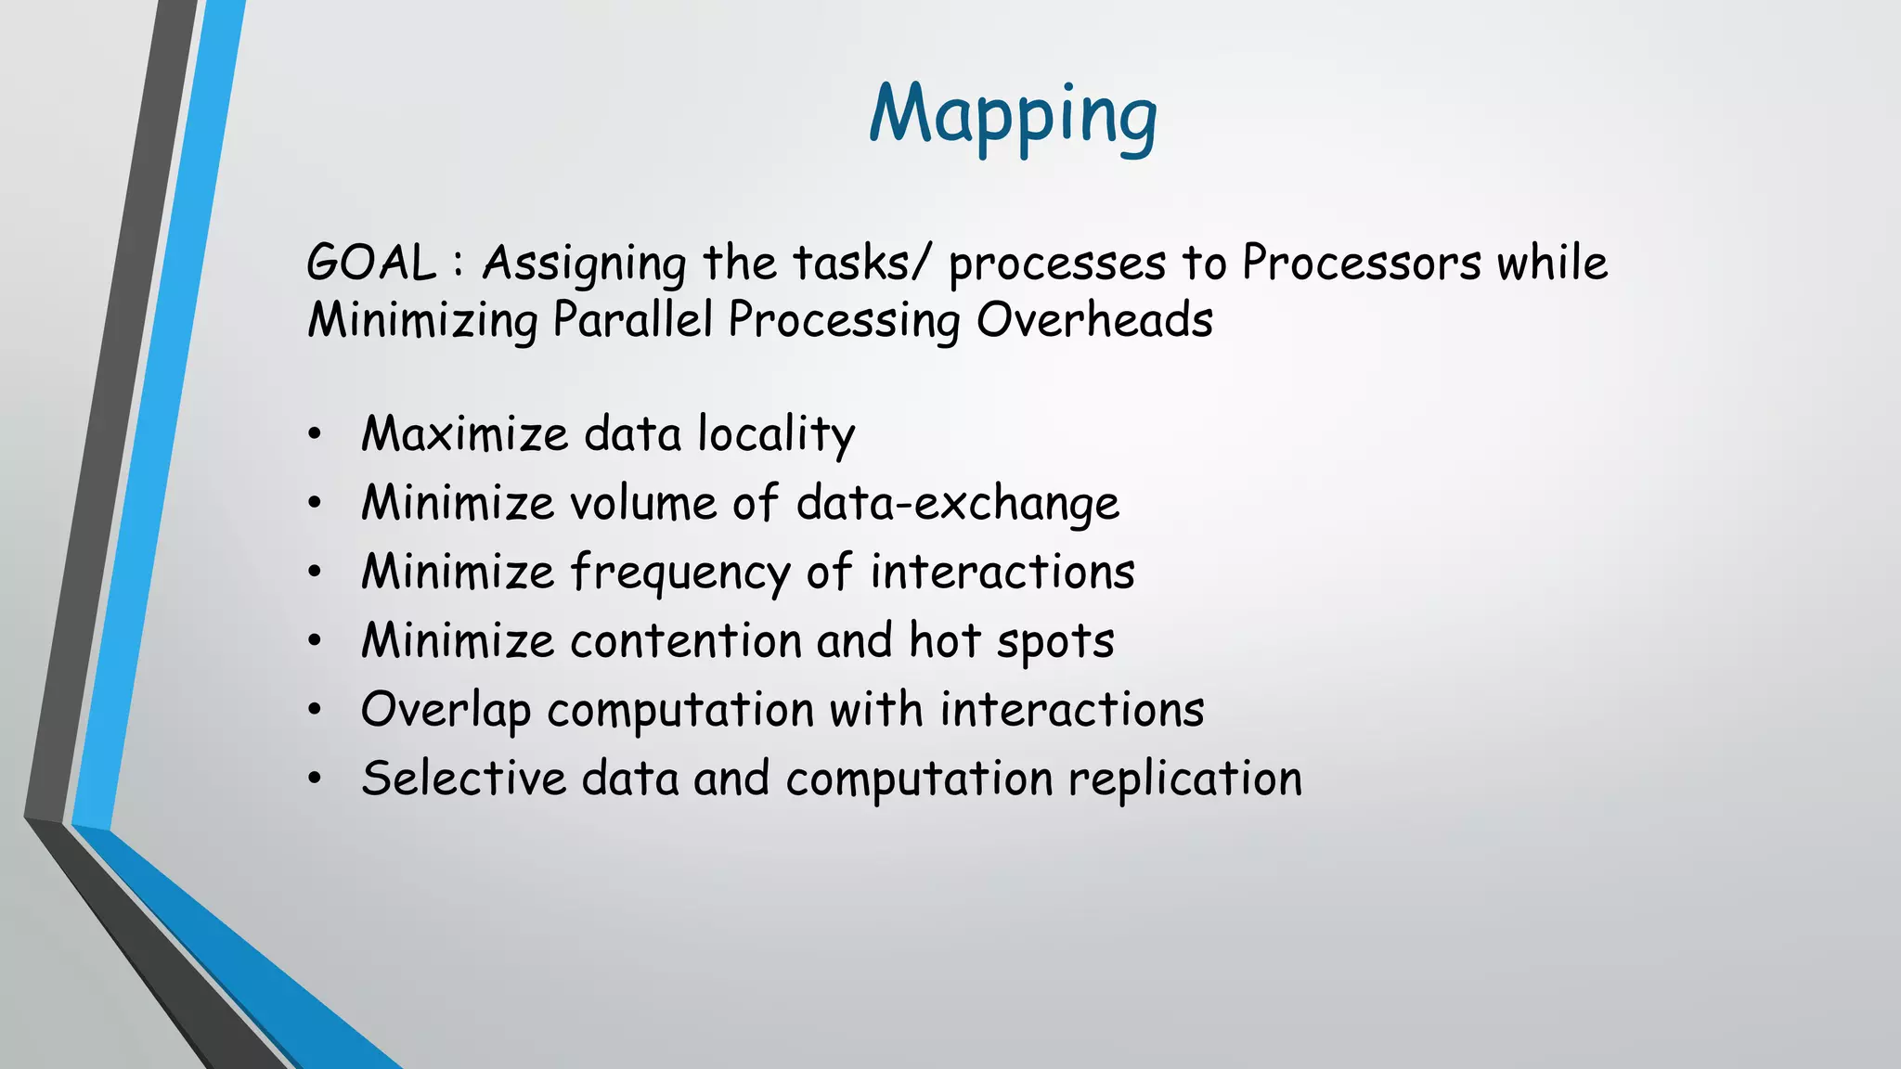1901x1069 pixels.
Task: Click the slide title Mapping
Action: click(1013, 115)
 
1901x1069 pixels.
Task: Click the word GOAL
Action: click(371, 263)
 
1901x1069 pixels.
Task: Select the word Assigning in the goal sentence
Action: click(584, 264)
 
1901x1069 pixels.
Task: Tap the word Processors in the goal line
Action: click(1362, 263)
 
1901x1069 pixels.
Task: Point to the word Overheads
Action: click(1094, 320)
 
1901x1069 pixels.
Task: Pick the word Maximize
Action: click(464, 434)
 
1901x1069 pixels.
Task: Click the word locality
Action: click(776, 434)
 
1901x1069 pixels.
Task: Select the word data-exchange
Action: click(957, 503)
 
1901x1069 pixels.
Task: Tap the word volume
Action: click(643, 503)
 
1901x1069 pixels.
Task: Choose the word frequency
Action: click(679, 573)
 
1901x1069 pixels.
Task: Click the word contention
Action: click(685, 641)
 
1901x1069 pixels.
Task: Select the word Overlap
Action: click(446, 711)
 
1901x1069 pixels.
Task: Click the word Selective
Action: click(463, 779)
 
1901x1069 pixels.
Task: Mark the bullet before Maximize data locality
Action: click(316, 434)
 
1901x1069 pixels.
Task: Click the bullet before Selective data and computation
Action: click(316, 779)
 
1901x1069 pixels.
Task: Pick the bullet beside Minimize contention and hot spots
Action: click(316, 641)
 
